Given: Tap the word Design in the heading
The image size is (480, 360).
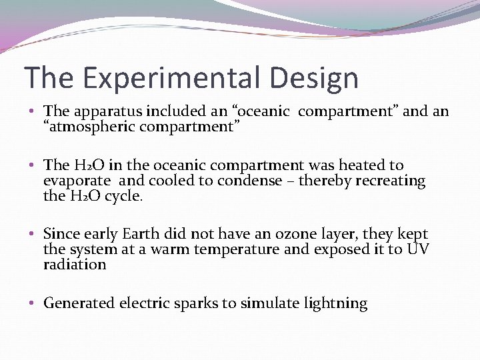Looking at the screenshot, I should (x=315, y=78).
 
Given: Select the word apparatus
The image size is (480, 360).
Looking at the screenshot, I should (x=101, y=111).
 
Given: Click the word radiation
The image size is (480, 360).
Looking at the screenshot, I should (x=75, y=265).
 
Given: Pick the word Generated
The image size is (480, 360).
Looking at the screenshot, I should (x=79, y=303).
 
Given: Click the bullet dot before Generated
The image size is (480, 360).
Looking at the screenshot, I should (x=33, y=304).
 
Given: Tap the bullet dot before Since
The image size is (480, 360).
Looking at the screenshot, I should (x=33, y=235).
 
